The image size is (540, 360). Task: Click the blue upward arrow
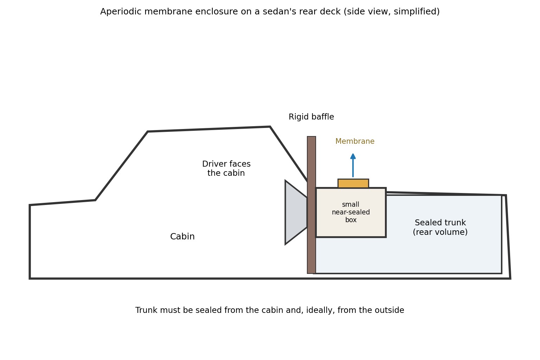[353, 166]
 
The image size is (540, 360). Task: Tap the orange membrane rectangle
[353, 183]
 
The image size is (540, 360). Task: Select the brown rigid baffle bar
[311, 205]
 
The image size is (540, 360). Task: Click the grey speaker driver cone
[296, 212]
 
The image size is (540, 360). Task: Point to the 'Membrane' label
[355, 141]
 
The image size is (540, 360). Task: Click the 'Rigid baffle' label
[311, 117]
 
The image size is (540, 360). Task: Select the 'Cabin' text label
[182, 237]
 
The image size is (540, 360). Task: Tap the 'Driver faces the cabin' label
[226, 168]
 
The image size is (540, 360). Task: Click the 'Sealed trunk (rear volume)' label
[440, 227]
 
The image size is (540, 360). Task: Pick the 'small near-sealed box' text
[351, 212]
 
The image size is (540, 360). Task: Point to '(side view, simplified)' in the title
[392, 12]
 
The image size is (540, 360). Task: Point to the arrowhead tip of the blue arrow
[353, 154]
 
